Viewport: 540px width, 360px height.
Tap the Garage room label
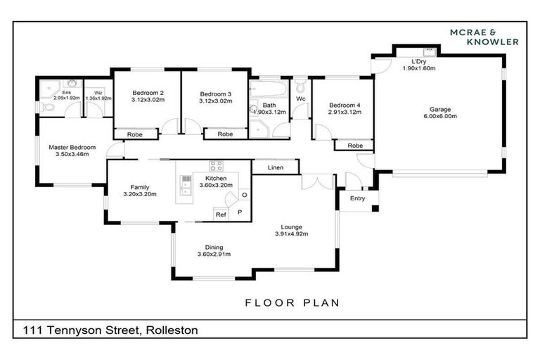coord(439,109)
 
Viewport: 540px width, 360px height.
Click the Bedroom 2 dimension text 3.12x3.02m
coord(148,101)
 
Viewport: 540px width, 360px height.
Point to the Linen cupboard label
coord(276,168)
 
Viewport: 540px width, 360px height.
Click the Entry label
coord(358,199)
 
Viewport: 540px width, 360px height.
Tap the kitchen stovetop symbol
coord(216,167)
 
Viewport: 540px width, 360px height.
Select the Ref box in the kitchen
coord(221,214)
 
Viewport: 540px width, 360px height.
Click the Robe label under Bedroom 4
coord(355,146)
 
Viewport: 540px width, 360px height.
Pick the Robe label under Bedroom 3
coord(225,134)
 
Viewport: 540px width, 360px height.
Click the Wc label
coord(300,99)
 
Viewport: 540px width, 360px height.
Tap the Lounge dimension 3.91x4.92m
coord(291,234)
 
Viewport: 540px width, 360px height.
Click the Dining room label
coord(214,247)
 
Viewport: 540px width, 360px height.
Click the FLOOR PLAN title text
coord(292,303)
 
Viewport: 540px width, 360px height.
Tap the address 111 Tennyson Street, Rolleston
coord(110,330)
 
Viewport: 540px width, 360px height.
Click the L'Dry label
coord(409,61)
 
